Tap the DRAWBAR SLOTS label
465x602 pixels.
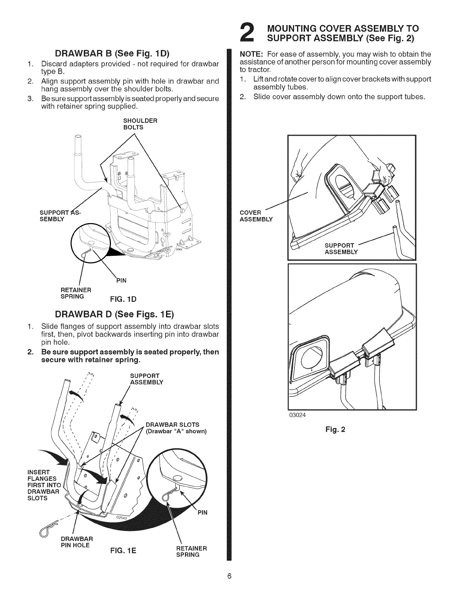172,424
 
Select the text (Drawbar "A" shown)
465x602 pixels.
176,431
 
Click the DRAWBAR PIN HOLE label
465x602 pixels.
77,542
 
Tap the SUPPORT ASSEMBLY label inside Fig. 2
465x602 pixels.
341,249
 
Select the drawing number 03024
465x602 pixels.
297,415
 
